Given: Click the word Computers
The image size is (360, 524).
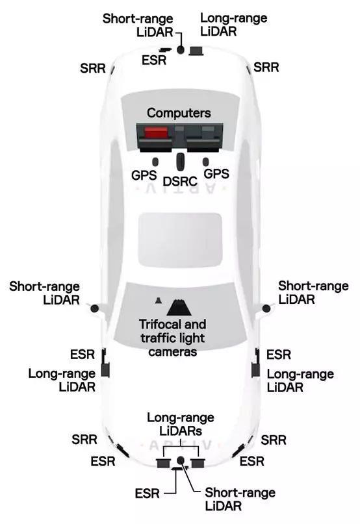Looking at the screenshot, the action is coord(179,113).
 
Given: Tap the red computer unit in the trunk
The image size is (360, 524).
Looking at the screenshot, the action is coord(156,132).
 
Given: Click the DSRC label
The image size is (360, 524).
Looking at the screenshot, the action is coord(180,181).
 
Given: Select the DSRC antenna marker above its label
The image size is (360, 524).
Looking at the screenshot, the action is coord(181,162).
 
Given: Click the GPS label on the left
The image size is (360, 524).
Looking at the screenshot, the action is coord(144,175).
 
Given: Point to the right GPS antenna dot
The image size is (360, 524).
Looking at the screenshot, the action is coord(206,162).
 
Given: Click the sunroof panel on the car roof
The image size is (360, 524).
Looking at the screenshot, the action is coord(180,240).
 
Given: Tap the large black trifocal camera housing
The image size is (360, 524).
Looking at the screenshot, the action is coord(179,308).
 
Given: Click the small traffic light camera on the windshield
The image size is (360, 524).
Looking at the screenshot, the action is coord(159,301).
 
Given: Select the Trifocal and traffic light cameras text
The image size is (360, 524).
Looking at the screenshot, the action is coord(172,338).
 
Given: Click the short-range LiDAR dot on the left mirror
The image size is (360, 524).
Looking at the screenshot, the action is coord(95,308).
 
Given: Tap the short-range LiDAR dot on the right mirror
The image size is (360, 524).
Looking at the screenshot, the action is coord(266,308).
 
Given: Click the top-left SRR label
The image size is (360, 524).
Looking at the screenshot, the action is coord(93,68).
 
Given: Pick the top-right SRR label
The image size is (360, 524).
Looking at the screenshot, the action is coord(266,67).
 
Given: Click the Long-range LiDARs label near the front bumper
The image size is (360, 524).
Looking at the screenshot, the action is coord(181,424).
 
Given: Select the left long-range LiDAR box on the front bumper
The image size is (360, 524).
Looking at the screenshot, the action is coord(163,463).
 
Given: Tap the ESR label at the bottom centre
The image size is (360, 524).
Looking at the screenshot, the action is coord(148,493).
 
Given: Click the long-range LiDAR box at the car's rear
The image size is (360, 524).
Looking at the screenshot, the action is coord(196,51).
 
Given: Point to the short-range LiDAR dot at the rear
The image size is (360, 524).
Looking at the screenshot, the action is coord(181,50).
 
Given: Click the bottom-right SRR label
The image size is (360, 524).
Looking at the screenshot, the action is coord(274,440).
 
